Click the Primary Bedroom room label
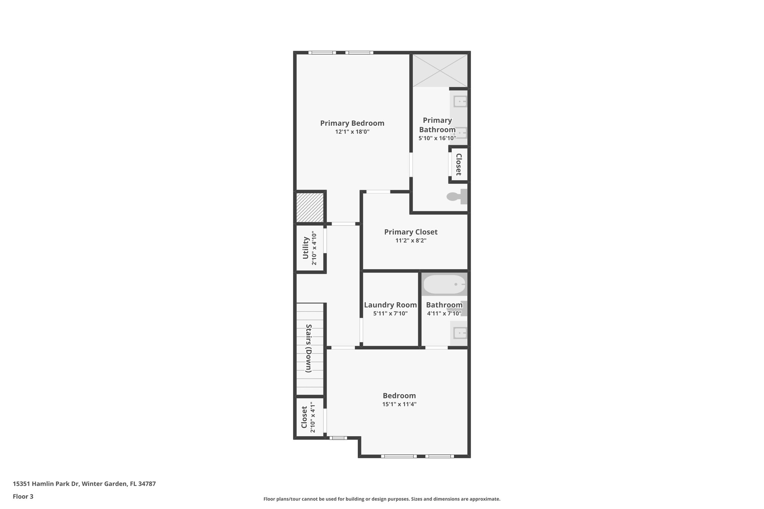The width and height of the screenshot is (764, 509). coord(352,123)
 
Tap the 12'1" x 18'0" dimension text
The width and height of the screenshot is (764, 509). coord(352,132)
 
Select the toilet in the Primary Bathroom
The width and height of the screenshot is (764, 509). coord(457,196)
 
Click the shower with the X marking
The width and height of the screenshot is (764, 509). coord(440,70)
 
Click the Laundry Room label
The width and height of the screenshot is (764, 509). coord(390,305)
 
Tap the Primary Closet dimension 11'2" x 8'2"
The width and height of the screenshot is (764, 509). coord(411,241)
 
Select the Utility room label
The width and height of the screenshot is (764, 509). coord(306,248)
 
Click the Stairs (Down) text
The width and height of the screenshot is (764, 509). coord(309,348)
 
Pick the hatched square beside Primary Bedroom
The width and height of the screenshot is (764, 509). coord(310,207)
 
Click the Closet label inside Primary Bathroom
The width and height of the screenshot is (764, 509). coord(459,164)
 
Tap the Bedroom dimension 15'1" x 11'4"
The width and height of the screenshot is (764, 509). coord(399,404)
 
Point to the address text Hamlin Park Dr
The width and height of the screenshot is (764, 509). coord(84,484)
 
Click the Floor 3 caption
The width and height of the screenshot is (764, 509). coord(23,496)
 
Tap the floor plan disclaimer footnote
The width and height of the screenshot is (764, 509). coord(382,499)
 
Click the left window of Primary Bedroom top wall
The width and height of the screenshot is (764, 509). coord(322,53)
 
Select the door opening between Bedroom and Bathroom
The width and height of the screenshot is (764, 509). coord(436,348)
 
